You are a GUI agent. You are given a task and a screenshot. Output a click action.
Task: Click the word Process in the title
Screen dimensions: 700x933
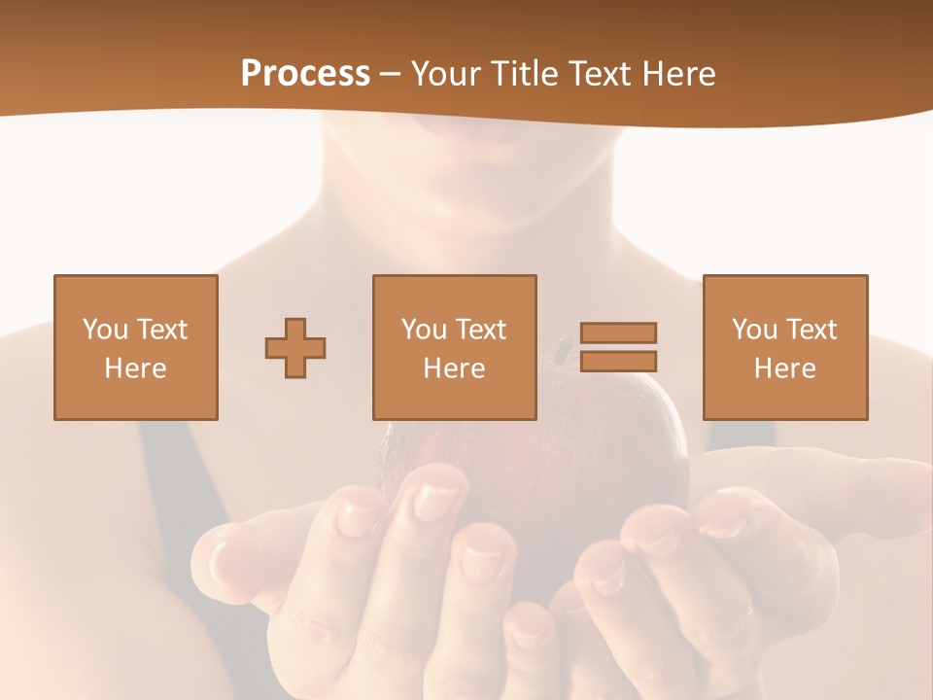305,73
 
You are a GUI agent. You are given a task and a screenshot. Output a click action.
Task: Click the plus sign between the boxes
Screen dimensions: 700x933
295,348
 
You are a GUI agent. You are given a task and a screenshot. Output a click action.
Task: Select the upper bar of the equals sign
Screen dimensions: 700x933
618,332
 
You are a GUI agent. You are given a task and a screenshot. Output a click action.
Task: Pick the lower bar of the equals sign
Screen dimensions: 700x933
618,361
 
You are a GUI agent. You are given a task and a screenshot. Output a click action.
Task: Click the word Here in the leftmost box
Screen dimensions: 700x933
135,368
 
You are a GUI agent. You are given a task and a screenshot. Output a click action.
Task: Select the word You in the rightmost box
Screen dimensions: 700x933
755,330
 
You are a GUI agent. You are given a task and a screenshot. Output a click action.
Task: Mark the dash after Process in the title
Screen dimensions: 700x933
391,74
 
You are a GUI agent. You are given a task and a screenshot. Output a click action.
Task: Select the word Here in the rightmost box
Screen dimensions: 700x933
784,368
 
